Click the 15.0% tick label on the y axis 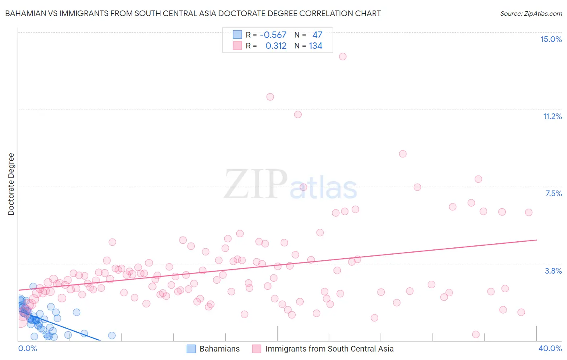coord(551,39)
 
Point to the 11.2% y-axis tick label coord(552,116)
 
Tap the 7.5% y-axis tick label coord(553,193)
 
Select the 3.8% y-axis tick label coord(553,271)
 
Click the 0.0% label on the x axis coord(27,348)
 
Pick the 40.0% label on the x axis coord(550,348)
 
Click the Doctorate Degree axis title coord(11,184)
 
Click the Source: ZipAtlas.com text coord(531,13)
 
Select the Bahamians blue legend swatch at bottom coord(191,349)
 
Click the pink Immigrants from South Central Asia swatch coord(256,349)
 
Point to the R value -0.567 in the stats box coord(273,35)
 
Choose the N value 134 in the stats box coord(315,46)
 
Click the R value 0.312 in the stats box coord(276,46)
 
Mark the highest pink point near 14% coord(343,57)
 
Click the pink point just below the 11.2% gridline coord(298,115)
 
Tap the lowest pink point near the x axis coord(476,335)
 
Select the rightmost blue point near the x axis coord(112,335)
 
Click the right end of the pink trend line coord(536,240)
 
